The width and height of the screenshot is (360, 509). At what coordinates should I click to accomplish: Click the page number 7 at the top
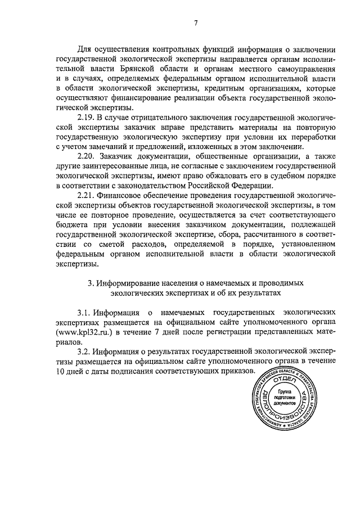coord(195,23)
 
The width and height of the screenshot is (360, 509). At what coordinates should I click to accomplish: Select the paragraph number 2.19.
coord(87,117)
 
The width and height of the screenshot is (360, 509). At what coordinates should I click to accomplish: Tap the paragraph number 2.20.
coord(87,158)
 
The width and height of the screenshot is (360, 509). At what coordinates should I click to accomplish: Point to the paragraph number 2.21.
coord(87,195)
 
